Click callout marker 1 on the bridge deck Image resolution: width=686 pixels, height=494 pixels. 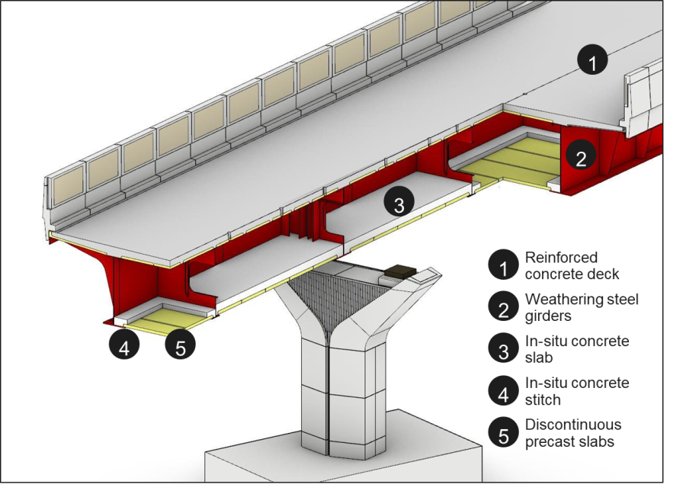pos(592,59)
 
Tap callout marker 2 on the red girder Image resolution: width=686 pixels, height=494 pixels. pos(581,159)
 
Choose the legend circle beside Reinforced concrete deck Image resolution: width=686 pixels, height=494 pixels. pos(502,265)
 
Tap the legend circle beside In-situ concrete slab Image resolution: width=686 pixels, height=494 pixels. pos(502,349)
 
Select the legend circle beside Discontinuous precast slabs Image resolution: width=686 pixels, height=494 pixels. pos(502,433)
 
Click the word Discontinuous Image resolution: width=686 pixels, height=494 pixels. pos(572,425)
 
